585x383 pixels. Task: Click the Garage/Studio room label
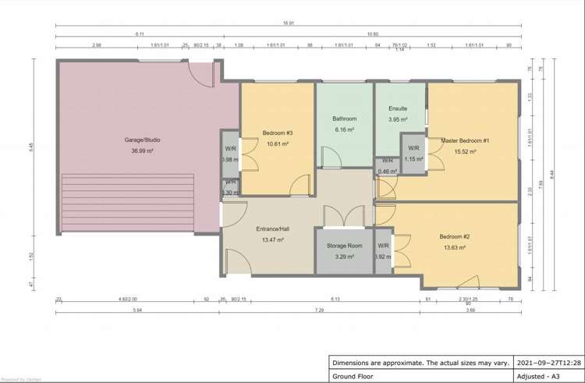pos(143,140)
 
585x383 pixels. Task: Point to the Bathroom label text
pos(345,119)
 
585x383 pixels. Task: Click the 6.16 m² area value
pos(345,129)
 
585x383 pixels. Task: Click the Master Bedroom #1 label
pos(465,140)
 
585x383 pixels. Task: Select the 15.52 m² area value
pos(465,151)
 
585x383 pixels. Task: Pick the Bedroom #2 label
pos(454,236)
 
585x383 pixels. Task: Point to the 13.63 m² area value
pos(454,247)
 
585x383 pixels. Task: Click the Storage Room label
pos(344,246)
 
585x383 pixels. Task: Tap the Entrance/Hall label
pos(273,229)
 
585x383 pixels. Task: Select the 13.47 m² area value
pos(273,240)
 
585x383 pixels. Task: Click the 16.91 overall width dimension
pos(289,23)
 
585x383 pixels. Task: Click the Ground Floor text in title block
pos(353,374)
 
